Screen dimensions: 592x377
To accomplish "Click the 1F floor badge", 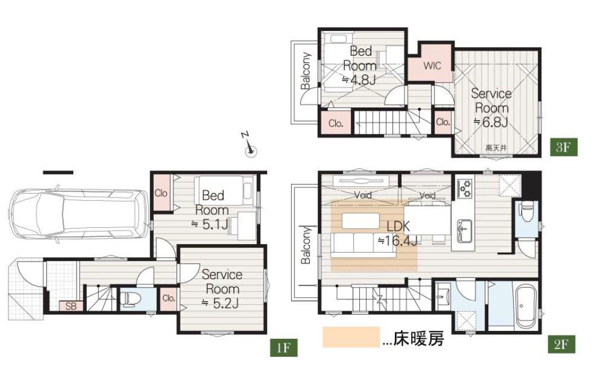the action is pyautogui.click(x=283, y=347).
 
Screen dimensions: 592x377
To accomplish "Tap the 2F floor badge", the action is pyautogui.click(x=562, y=344).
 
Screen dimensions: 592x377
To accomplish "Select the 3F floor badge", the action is pyautogui.click(x=563, y=147).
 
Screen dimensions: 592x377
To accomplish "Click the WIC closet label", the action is pyautogui.click(x=432, y=66).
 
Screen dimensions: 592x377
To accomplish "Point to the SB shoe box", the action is pyautogui.click(x=70, y=306).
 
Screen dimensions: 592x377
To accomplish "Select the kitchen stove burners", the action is pyautogui.click(x=465, y=189).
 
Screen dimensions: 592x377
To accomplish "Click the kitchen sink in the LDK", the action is pyautogui.click(x=464, y=231).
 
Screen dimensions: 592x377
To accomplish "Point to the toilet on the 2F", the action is pyautogui.click(x=527, y=211).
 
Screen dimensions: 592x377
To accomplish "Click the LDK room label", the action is pyautogui.click(x=398, y=226).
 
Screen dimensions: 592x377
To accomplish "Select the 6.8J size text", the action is pyautogui.click(x=491, y=122).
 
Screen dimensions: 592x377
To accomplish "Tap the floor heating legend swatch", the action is pyautogui.click(x=351, y=337).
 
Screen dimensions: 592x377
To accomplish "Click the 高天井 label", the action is pyautogui.click(x=496, y=148).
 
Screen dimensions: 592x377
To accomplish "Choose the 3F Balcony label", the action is pyautogui.click(x=306, y=71).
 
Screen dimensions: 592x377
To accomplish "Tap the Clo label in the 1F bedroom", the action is pyautogui.click(x=161, y=193).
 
